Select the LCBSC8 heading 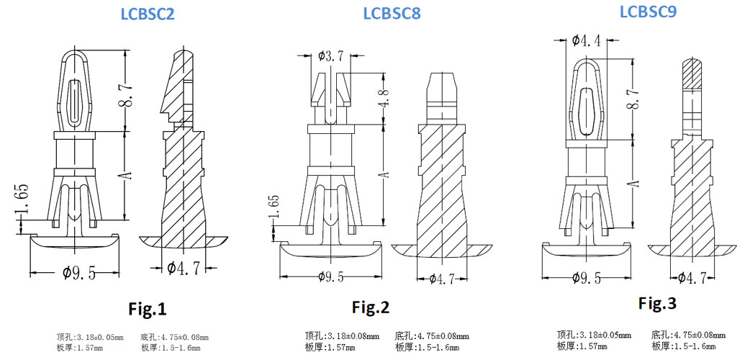point(392,14)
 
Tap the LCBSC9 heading point(647,11)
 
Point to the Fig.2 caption point(370,307)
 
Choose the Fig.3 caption point(657,303)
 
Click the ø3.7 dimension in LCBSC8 point(330,55)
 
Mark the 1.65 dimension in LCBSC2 point(23,202)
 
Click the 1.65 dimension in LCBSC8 point(274,209)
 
